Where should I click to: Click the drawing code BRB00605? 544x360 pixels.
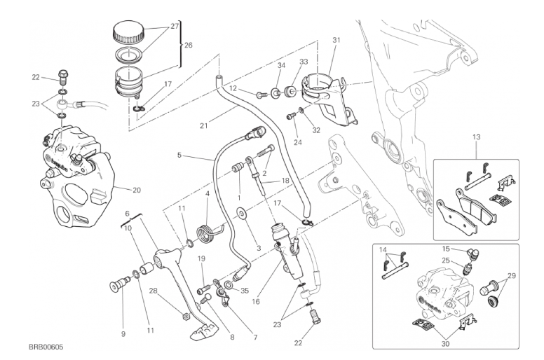tap(46, 347)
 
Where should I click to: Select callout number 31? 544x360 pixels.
tap(336, 40)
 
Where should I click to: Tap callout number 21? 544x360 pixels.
tap(204, 127)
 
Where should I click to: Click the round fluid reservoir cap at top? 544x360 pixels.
tap(129, 31)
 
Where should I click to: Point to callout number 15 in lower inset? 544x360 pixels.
tap(446, 249)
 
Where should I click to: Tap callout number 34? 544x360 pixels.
tap(280, 66)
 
